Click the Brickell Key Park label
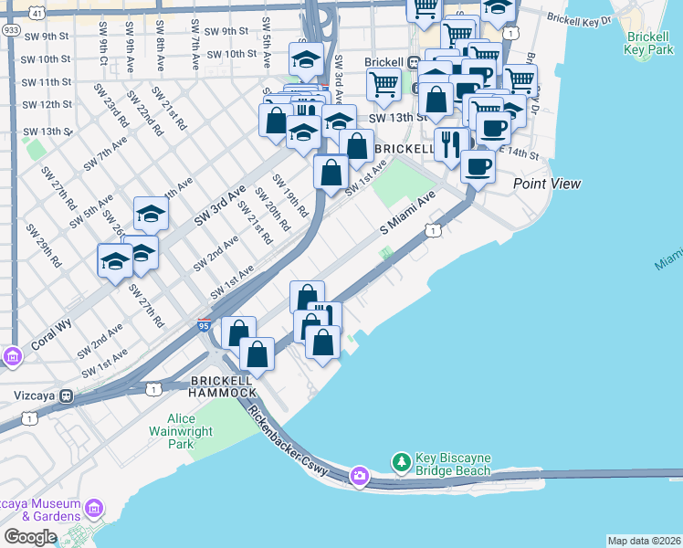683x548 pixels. pyautogui.click(x=650, y=46)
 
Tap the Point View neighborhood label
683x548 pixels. pyautogui.click(x=546, y=184)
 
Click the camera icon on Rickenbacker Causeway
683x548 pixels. pyautogui.click(x=360, y=476)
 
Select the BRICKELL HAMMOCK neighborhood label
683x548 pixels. pyautogui.click(x=223, y=385)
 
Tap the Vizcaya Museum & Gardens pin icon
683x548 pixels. pyautogui.click(x=91, y=508)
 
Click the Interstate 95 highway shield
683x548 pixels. pyautogui.click(x=205, y=324)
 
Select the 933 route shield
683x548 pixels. pyautogui.click(x=11, y=29)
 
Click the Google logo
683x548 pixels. pyautogui.click(x=30, y=537)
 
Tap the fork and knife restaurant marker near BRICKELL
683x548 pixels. pyautogui.click(x=451, y=145)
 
